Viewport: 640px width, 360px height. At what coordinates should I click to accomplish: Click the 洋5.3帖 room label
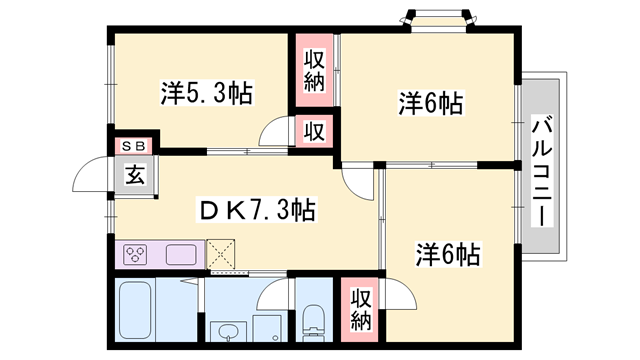pyautogui.click(x=206, y=94)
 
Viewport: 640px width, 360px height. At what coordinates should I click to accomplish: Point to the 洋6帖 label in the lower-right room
pyautogui.click(x=447, y=255)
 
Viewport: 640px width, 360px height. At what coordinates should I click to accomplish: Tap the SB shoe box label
pyautogui.click(x=133, y=145)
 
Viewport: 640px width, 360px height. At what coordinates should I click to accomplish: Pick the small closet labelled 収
pyautogui.click(x=315, y=130)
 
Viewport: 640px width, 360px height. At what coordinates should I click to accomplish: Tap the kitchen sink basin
pyautogui.click(x=180, y=254)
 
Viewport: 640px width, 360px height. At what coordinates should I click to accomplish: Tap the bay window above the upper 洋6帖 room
pyautogui.click(x=434, y=19)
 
